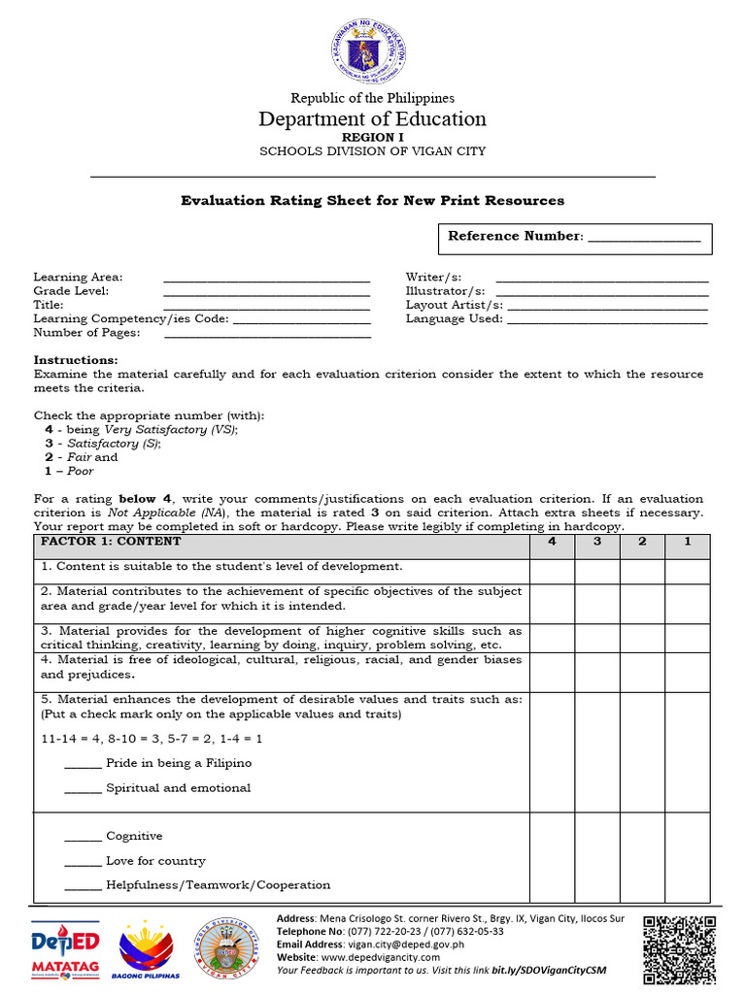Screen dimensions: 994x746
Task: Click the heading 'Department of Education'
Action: (x=372, y=119)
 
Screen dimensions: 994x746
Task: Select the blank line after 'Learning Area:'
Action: (x=267, y=281)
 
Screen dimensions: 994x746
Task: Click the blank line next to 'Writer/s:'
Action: (x=602, y=281)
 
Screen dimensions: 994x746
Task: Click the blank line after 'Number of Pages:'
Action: (x=267, y=336)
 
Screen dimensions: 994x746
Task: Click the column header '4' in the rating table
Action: (x=552, y=542)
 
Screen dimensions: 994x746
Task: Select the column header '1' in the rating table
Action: (x=687, y=542)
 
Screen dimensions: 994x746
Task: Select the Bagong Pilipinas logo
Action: (x=148, y=950)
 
